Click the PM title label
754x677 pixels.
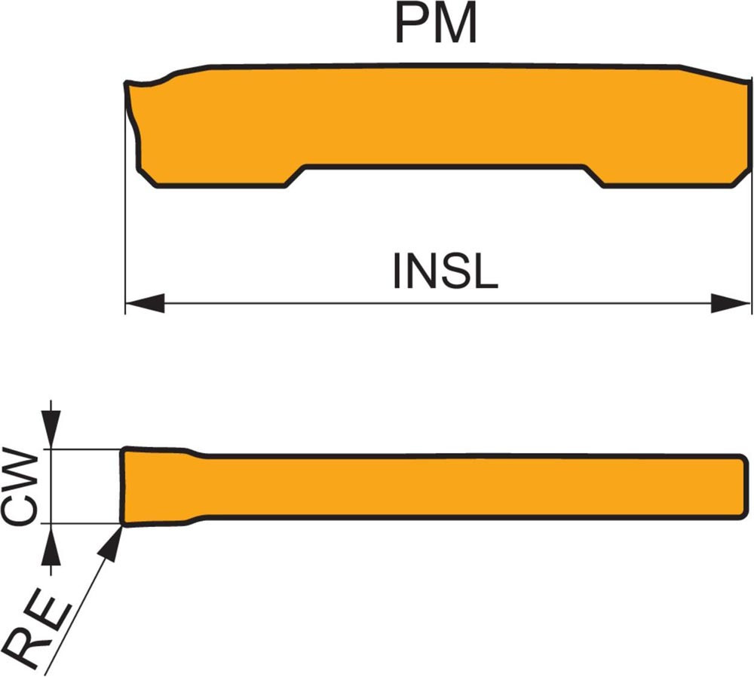pos(437,24)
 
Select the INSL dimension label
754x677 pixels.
pos(445,272)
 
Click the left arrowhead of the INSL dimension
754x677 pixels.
pos(144,304)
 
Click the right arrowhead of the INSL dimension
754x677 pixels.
pos(732,304)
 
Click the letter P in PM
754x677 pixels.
pos(414,24)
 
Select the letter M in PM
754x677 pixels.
pos(455,24)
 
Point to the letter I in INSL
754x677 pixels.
pos(397,272)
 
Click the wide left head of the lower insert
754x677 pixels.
pos(155,486)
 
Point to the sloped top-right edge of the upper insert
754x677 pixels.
pos(716,73)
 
